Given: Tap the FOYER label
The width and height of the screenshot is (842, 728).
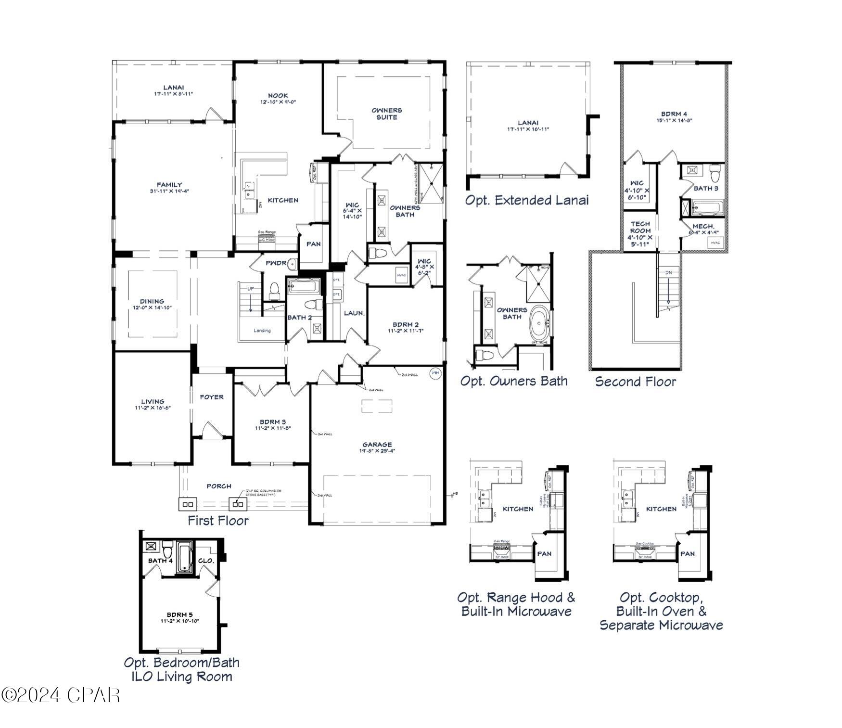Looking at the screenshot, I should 212,397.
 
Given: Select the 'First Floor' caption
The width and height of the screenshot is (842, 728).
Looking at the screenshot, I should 218,521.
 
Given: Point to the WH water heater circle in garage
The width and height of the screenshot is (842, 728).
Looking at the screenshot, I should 435,373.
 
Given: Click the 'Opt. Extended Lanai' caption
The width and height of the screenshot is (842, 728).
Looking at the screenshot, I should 526,200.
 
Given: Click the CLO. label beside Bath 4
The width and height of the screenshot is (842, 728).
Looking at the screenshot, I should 206,561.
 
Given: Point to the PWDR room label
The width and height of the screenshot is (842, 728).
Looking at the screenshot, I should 276,263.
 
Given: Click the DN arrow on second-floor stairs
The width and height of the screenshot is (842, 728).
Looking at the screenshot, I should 668,289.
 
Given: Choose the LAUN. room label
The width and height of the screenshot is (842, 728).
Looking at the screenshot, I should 354,313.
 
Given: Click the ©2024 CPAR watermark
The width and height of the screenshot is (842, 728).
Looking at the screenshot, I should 60,695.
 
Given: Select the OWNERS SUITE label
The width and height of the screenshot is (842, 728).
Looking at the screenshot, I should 386,114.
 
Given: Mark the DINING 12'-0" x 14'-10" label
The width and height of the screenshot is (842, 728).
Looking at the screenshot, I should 152,304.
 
